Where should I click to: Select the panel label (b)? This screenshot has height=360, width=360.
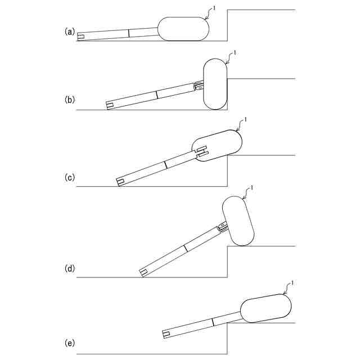pos(70,100)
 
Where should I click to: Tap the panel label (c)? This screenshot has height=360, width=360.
pos(70,178)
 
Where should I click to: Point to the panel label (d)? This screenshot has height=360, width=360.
pos(70,268)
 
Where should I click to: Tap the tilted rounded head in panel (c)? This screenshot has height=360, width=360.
pos(217,145)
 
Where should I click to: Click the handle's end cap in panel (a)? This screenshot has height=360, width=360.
pos(81,37)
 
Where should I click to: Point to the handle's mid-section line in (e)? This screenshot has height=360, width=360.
pos(213,322)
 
